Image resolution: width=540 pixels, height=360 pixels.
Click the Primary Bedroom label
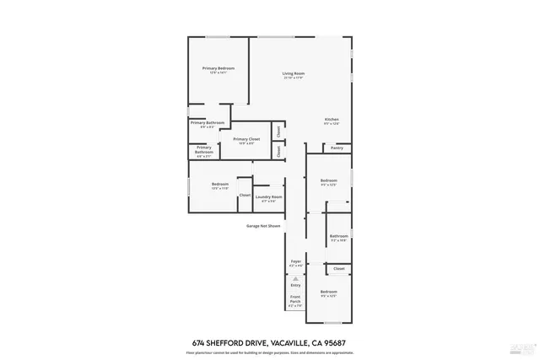point(218,68)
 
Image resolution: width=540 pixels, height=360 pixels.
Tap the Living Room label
point(293,73)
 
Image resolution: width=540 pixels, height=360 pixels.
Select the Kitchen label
point(332,120)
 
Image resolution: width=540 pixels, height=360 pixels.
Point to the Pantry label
point(337,148)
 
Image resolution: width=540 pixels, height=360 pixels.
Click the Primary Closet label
point(246,139)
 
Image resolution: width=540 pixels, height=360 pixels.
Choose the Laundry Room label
point(268,197)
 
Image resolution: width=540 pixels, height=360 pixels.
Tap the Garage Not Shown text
point(262,226)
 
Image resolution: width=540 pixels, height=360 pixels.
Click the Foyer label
point(295,261)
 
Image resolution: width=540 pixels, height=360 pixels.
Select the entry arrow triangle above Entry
point(295,277)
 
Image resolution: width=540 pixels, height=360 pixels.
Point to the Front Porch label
point(295,298)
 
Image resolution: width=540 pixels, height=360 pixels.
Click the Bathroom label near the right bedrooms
point(338,236)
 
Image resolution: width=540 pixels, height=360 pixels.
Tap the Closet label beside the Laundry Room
point(244,195)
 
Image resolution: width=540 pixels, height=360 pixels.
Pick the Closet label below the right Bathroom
point(338,269)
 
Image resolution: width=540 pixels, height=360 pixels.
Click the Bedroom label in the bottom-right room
point(328,292)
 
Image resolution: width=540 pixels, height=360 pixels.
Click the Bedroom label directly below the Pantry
point(328,180)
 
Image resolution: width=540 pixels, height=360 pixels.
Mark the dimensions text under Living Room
point(293,78)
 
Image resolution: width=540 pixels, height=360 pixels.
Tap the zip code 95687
point(337,343)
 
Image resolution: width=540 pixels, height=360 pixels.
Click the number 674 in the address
point(200,343)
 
